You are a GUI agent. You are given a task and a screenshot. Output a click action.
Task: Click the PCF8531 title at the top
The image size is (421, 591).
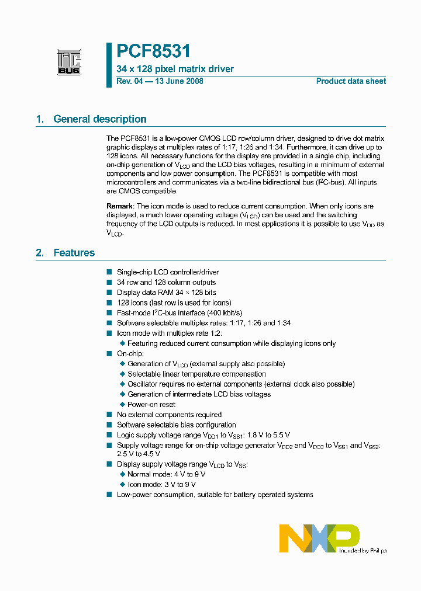coord(153,52)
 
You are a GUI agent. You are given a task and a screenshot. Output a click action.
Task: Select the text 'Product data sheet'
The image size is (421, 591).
coord(351,81)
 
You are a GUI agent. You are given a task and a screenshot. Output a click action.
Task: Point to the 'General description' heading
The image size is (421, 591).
coord(100,119)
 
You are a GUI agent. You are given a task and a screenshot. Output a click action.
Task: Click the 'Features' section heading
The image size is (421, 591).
coord(74,253)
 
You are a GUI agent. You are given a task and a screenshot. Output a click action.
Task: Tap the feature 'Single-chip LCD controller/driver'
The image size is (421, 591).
coord(168,272)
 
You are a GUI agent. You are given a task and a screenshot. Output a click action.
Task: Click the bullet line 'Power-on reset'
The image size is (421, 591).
coord(151,404)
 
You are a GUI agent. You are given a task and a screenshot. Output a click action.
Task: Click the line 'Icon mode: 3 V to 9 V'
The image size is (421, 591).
coord(161,484)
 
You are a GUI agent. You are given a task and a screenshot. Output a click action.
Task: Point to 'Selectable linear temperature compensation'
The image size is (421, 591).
coord(196,374)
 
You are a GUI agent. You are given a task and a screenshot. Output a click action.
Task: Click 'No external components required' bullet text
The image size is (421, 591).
coord(169,415)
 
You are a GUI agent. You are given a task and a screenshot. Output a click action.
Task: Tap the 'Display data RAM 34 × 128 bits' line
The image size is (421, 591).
coord(166,293)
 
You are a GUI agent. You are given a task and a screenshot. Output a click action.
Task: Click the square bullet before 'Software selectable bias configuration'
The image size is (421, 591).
coord(109,425)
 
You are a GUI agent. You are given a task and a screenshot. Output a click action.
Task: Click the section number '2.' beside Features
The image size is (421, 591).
coord(40,253)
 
